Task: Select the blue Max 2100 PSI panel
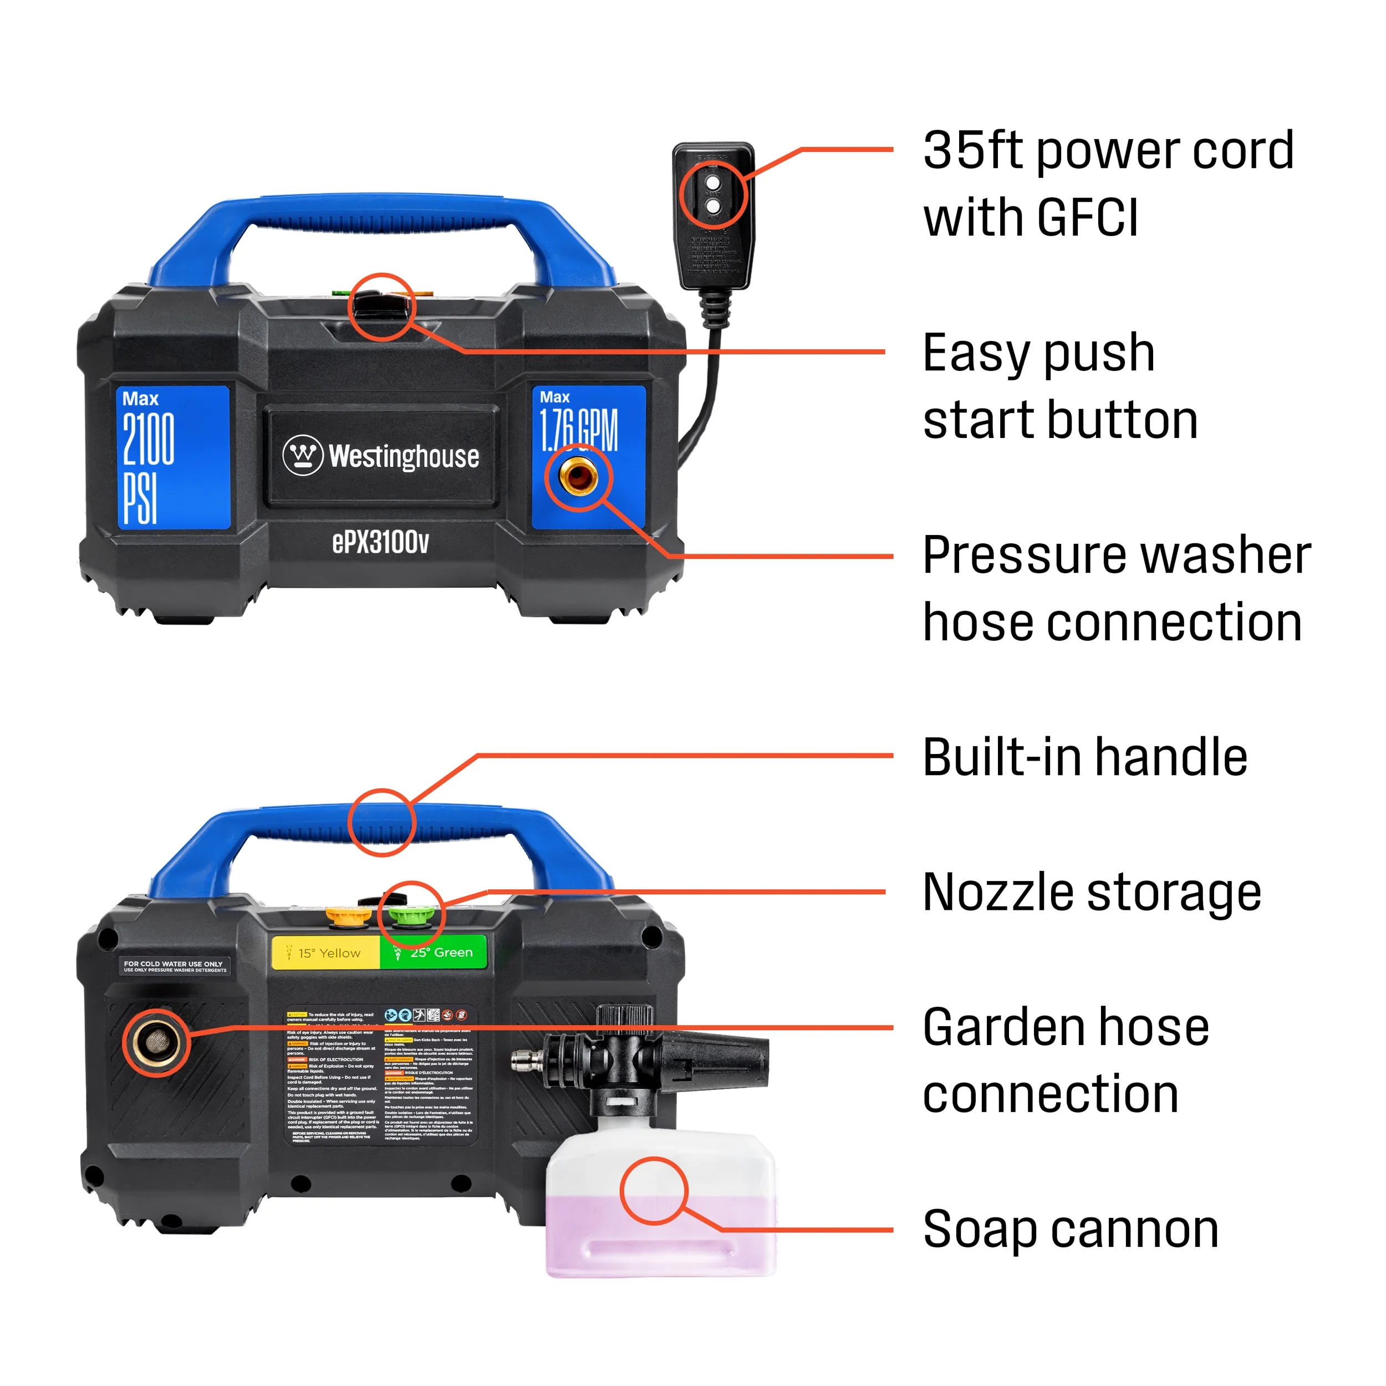[x=173, y=457]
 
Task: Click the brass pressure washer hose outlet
[x=578, y=476]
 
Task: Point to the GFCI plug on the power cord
[x=713, y=215]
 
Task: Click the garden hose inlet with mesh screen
[x=155, y=1042]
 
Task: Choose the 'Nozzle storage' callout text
[x=1091, y=893]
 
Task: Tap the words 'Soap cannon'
[x=1071, y=1230]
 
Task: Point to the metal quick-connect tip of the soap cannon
[x=527, y=1061]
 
